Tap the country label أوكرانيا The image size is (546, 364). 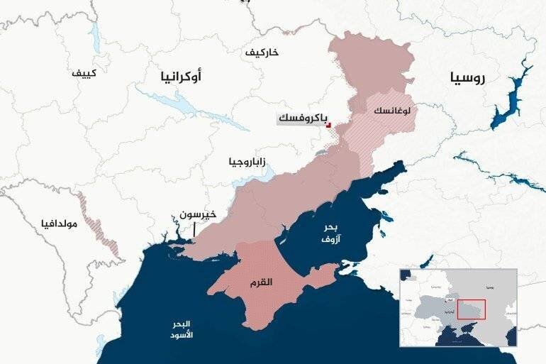[x=182, y=75]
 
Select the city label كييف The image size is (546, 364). [x=86, y=73]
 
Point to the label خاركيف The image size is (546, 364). [x=262, y=53]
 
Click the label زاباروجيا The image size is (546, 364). [x=247, y=161]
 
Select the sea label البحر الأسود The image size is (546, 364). [x=182, y=329]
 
